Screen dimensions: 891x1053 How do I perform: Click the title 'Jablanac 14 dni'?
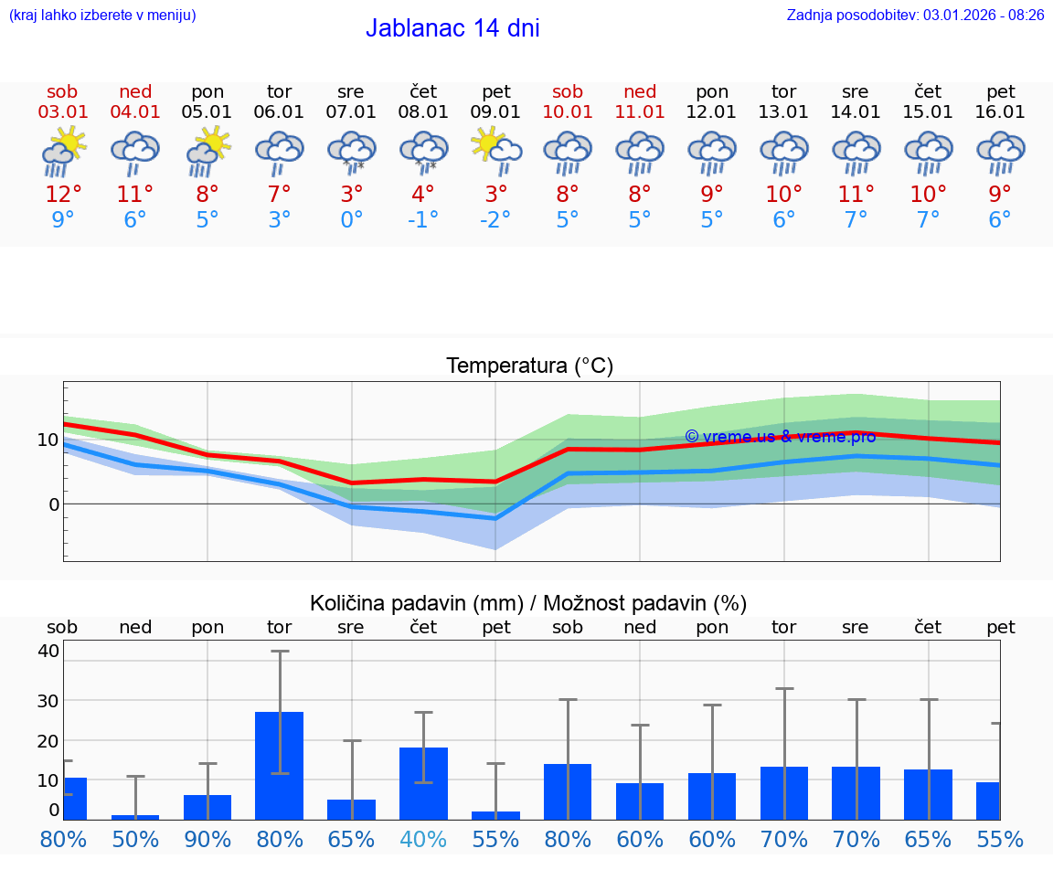(452, 28)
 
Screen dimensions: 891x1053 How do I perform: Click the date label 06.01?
(279, 112)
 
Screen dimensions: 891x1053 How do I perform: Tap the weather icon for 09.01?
(495, 152)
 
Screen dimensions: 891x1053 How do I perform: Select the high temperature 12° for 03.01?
(63, 195)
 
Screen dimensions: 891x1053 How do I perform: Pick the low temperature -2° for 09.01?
(495, 220)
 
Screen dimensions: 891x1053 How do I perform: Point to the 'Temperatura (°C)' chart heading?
(529, 366)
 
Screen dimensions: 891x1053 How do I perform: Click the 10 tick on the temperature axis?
(48, 440)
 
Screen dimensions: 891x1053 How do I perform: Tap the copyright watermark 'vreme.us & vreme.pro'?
(780, 437)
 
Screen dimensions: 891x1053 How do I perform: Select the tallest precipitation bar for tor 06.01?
(279, 765)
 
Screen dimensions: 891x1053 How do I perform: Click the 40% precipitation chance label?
(423, 839)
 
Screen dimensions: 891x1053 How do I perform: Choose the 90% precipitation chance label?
(207, 839)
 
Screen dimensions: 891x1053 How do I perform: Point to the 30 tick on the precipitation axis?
(48, 701)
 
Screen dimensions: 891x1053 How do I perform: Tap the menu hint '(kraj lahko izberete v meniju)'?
(102, 16)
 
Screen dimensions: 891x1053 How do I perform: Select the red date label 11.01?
(640, 112)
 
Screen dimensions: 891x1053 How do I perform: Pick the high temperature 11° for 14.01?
(856, 195)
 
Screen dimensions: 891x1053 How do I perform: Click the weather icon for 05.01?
(207, 152)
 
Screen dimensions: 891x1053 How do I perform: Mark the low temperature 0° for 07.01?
(351, 220)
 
